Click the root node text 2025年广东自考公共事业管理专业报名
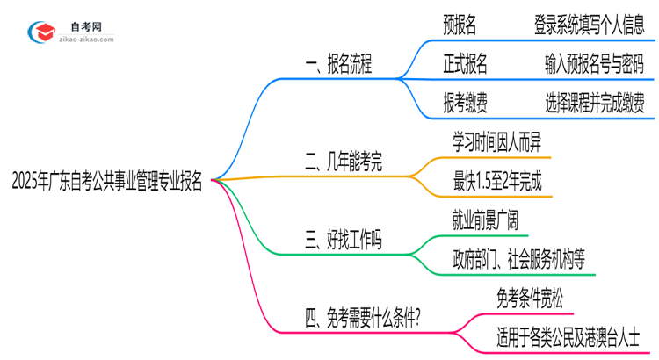[106, 182]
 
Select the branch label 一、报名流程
[337, 64]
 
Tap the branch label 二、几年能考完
[343, 162]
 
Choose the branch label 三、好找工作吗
[343, 239]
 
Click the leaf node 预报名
[460, 26]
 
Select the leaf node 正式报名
[466, 65]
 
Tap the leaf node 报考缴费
[466, 104]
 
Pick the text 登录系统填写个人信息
[590, 26]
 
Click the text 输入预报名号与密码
[594, 65]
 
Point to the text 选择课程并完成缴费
[594, 104]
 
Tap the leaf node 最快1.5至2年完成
[497, 183]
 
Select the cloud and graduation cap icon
[41, 32]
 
